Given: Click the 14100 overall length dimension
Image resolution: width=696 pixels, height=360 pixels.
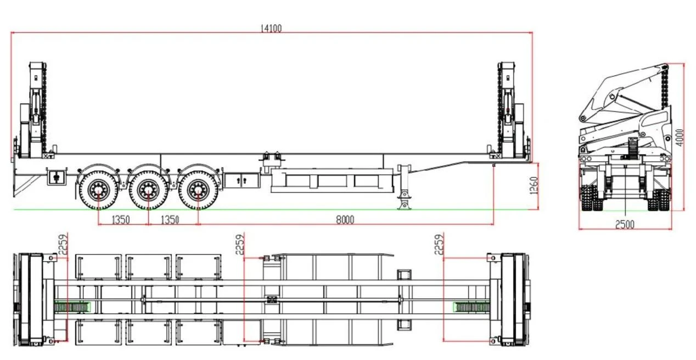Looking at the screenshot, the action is tap(271, 29).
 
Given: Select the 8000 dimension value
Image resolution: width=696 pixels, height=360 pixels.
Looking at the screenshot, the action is tap(345, 220).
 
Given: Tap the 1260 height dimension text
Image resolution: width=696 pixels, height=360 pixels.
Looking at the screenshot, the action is tap(534, 185).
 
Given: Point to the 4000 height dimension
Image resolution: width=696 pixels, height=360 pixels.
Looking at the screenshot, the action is tap(680, 138).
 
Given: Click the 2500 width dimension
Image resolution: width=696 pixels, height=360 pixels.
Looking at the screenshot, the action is tap(625, 224).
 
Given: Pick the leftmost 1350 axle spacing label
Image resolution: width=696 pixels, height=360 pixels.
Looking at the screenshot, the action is tap(120, 220).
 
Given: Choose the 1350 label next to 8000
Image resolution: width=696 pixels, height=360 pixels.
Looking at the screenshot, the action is tap(170, 220).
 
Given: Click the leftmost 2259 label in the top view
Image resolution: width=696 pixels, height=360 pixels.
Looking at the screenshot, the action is tap(63, 244).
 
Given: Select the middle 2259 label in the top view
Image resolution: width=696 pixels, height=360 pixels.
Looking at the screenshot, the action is tap(240, 244).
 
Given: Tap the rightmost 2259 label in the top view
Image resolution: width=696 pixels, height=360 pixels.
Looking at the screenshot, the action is tap(439, 244).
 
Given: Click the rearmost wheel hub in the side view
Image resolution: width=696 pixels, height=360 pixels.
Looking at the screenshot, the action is tap(98, 190).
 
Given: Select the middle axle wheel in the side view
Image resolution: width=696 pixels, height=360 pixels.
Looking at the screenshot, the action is tap(148, 190).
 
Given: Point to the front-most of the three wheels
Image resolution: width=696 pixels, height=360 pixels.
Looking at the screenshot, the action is tap(198, 190).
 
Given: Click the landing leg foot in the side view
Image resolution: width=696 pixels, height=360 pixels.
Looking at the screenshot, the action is tap(404, 206).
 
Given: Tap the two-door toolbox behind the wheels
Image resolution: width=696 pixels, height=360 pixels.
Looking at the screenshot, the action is tap(242, 181).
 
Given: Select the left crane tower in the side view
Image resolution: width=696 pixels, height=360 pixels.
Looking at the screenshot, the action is tap(34, 110).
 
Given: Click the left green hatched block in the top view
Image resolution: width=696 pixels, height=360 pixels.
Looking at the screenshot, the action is tap(72, 307).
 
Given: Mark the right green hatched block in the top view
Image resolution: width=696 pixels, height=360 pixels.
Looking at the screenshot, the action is tap(471, 307).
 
